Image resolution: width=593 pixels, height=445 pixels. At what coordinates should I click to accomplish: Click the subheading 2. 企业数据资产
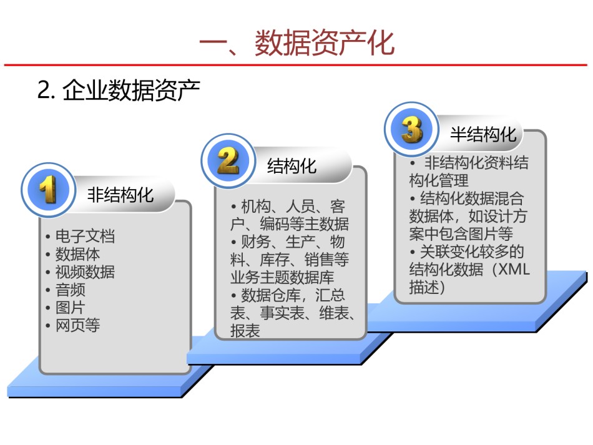pos(119,90)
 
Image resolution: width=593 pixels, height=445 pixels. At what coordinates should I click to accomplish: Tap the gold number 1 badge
pos(49,189)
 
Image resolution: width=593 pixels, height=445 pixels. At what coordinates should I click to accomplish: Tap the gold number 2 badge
pos(228,160)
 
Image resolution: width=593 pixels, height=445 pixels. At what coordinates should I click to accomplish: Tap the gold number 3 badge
pos(411,129)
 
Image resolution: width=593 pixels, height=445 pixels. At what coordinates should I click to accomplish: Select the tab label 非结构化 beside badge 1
pos(120,195)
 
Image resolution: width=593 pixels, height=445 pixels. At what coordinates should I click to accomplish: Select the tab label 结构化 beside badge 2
pos(292,165)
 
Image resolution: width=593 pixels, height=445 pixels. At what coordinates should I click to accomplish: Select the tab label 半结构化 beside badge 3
pos(483,134)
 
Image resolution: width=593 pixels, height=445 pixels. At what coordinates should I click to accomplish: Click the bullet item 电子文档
pos(85,237)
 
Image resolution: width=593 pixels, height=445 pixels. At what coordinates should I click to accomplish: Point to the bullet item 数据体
pos(77,254)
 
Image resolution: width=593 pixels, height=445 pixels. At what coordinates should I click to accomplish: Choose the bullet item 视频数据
pos(85,272)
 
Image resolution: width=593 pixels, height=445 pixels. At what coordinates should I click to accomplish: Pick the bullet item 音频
pos(70,290)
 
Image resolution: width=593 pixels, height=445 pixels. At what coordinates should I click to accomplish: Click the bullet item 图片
pos(70,307)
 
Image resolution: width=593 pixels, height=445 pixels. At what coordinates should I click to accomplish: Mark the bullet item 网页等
pos(77,325)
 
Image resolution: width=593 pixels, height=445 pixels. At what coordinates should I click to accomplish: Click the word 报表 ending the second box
pos(245,331)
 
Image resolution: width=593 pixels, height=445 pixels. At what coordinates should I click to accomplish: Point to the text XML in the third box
pos(514,269)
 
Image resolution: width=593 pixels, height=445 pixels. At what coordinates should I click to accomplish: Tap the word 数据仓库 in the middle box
pos(271,295)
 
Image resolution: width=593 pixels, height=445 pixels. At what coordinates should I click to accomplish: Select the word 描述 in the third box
pos(424,287)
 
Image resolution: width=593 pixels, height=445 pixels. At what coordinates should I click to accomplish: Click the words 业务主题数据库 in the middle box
pos(282,278)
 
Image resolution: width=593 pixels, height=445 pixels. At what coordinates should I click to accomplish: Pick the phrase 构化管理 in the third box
pos(439,180)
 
